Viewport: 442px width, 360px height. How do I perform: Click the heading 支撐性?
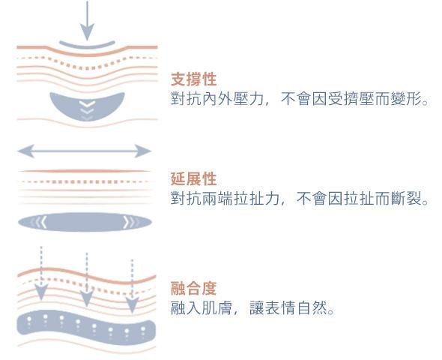coord(194,79)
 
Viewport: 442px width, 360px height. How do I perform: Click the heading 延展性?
coord(194,178)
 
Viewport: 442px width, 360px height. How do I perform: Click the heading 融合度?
coord(194,288)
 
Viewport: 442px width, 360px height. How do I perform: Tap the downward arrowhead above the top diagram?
coord(87,32)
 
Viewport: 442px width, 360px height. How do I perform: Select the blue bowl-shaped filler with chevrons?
coord(87,106)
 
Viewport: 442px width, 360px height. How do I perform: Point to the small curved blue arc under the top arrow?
coord(87,45)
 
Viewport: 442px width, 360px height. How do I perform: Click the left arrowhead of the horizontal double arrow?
coord(26,151)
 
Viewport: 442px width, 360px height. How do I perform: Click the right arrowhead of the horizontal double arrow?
coord(143,151)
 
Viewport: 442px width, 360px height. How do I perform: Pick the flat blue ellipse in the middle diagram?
coord(85,222)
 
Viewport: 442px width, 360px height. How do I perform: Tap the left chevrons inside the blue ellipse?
coord(39,222)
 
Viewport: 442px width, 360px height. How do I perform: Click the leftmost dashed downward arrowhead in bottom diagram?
coord(41,292)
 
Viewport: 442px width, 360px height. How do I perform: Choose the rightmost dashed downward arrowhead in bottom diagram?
coord(132,305)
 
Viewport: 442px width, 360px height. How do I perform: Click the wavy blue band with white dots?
coord(86,327)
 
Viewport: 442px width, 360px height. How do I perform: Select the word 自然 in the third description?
coord(312,307)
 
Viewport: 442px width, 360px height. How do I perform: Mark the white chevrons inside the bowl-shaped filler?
coord(87,109)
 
